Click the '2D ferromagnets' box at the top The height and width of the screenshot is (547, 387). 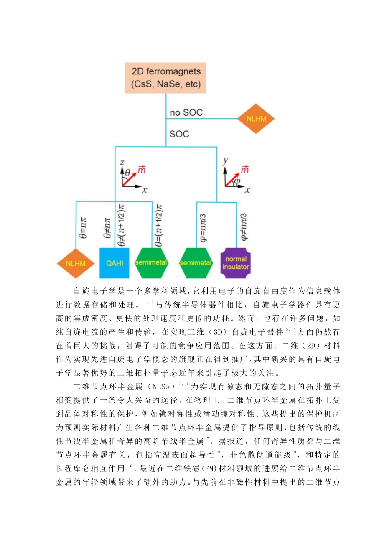click(x=166, y=78)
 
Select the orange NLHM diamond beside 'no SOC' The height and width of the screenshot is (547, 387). click(x=256, y=119)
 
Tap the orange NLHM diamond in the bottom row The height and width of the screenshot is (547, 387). click(x=76, y=263)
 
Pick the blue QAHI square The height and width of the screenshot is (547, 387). click(x=114, y=263)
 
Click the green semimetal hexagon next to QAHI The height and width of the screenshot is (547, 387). click(x=151, y=263)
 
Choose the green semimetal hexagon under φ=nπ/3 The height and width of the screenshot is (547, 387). click(x=196, y=263)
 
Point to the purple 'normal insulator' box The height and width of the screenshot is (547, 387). click(x=236, y=263)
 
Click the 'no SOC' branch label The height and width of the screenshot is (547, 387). click(x=186, y=112)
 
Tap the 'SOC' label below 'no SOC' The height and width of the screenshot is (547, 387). click(x=179, y=134)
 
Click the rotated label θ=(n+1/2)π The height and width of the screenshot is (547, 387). click(x=158, y=226)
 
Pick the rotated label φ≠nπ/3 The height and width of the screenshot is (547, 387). click(x=244, y=227)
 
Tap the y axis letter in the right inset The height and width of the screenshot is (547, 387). click(x=226, y=160)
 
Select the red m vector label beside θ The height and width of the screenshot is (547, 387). click(x=142, y=170)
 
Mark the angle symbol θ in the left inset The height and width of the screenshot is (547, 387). click(x=128, y=172)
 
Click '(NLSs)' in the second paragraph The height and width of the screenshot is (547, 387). click(x=161, y=387)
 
